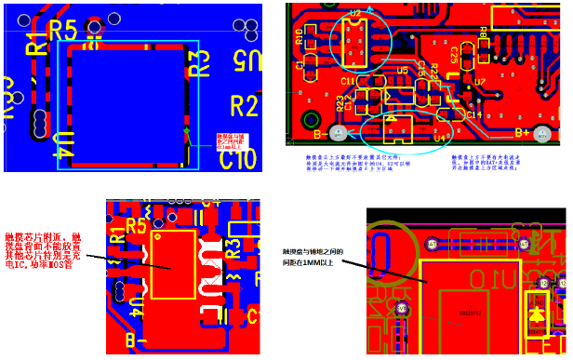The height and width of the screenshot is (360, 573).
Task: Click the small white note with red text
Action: click(231, 140)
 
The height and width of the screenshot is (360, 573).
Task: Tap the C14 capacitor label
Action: click(473, 114)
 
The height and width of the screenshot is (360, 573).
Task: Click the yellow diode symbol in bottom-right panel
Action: click(537, 314)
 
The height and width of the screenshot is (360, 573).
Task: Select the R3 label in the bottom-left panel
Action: click(233, 247)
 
